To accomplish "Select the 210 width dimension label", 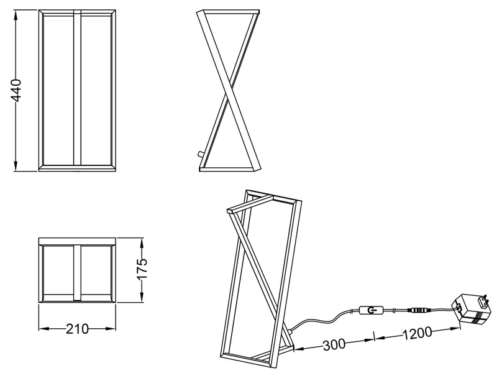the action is coord(77,329).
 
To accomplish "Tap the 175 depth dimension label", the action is coord(142,269).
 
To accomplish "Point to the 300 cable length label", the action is coord(334,345).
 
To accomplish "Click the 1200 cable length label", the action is coord(417,333).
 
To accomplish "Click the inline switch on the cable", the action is coord(372,310).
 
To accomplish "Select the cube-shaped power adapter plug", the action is coord(470,309).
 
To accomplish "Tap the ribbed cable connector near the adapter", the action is coord(419,310).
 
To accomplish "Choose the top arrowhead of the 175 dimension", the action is coord(142,243).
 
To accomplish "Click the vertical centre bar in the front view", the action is coord(77,88).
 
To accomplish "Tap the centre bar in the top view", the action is coord(77,272).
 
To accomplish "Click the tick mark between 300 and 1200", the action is coord(375,336).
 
